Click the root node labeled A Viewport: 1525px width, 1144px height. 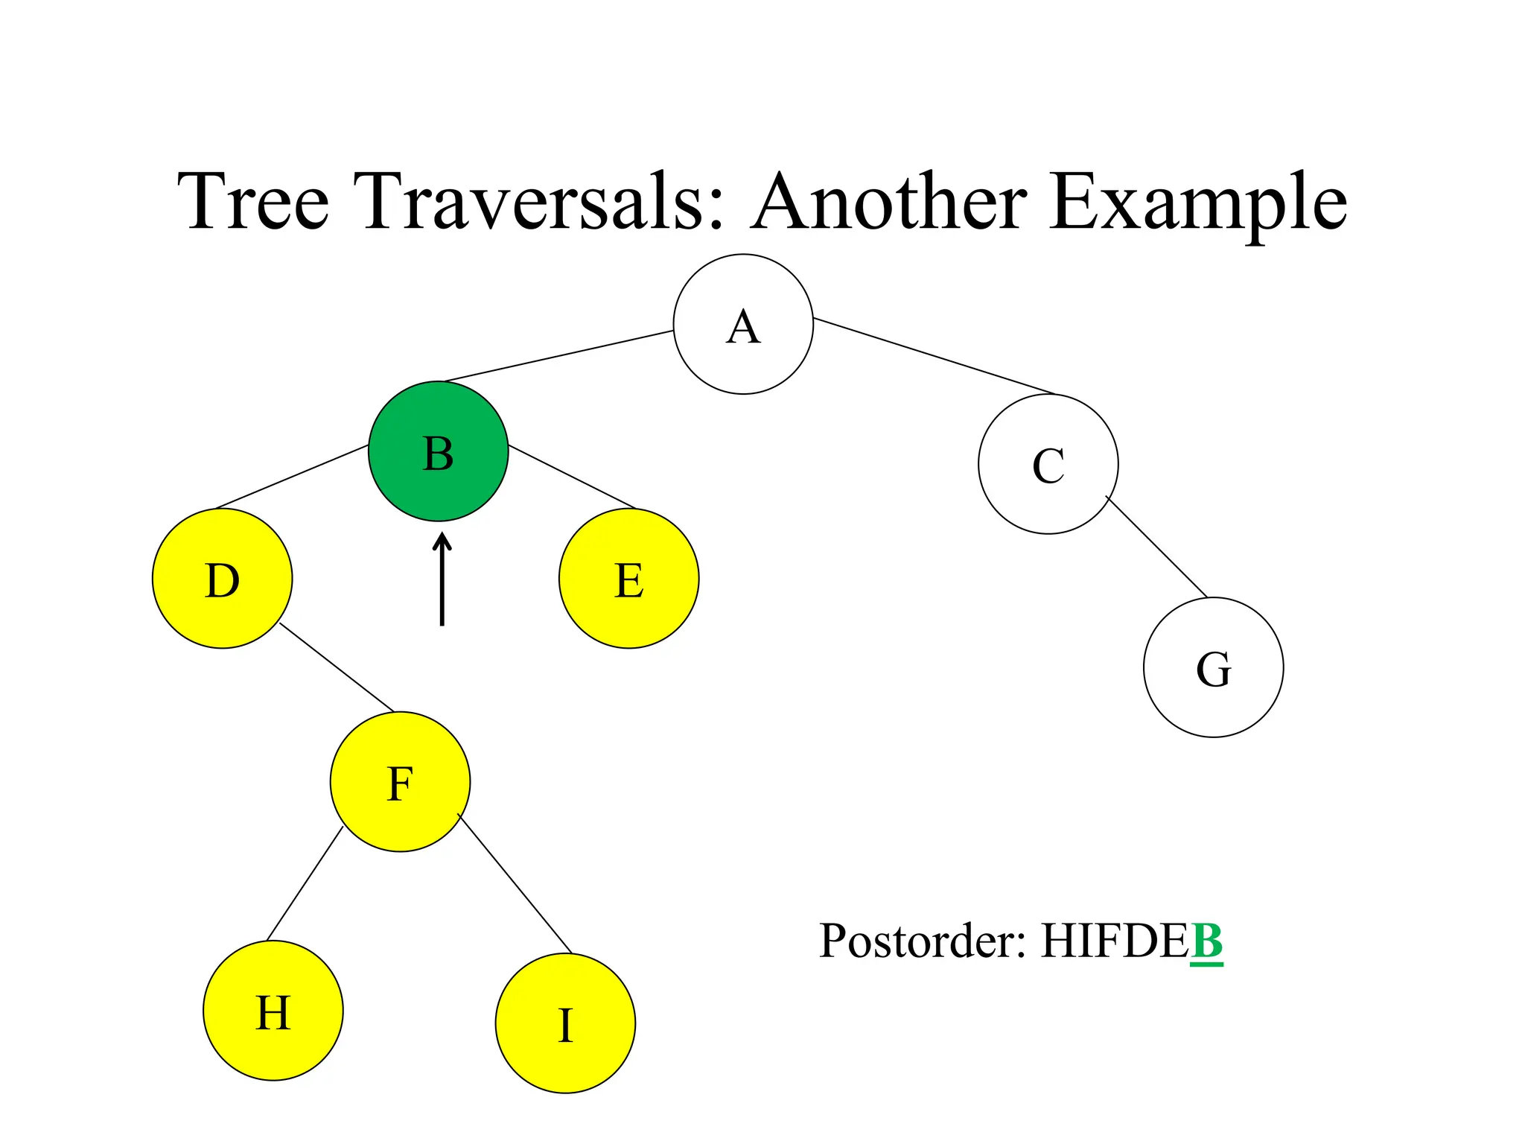[x=743, y=324]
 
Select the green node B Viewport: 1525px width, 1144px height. [x=439, y=451]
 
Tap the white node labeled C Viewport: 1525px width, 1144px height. [x=1048, y=464]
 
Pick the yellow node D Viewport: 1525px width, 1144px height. [x=222, y=579]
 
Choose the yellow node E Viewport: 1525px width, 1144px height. [x=628, y=579]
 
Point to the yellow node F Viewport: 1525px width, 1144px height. [x=400, y=782]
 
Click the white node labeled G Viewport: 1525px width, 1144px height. [x=1213, y=667]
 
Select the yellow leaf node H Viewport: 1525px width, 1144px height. [x=273, y=1011]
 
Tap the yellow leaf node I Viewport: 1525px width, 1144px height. [x=565, y=1023]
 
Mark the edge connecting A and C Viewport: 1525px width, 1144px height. [x=935, y=356]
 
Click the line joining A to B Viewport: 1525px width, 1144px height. [x=558, y=356]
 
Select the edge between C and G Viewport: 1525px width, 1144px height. [x=1156, y=547]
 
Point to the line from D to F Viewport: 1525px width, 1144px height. [x=337, y=667]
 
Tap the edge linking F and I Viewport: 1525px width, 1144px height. [x=515, y=884]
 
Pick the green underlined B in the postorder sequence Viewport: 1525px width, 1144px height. [x=1206, y=941]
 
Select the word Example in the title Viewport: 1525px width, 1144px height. [x=1198, y=203]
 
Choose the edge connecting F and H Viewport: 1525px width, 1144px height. [x=305, y=884]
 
